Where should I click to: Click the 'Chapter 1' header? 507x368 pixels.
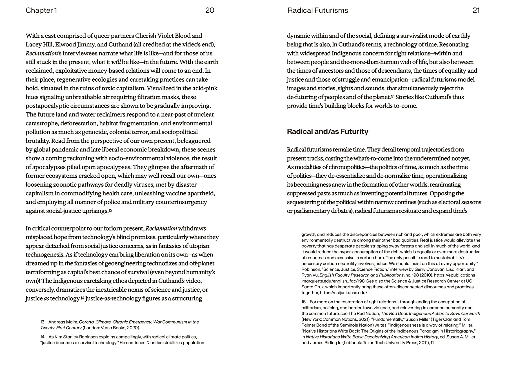41,10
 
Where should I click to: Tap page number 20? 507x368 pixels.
210,10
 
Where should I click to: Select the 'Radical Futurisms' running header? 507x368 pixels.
318,10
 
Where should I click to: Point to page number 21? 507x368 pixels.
476,10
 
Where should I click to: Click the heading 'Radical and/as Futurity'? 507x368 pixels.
327,131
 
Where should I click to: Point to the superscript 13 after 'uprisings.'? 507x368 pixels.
110,210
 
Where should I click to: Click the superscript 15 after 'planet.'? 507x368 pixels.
393,97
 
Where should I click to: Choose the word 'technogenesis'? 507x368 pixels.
45,255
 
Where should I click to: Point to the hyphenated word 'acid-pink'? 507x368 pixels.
205,88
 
